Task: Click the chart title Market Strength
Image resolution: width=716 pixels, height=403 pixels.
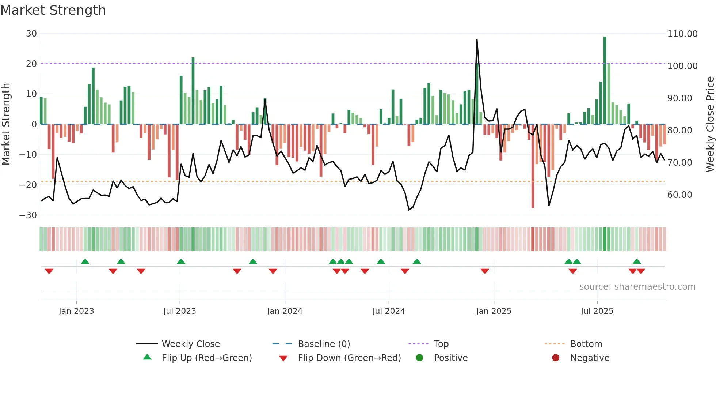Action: coord(53,10)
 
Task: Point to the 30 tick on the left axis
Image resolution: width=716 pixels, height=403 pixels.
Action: coord(31,34)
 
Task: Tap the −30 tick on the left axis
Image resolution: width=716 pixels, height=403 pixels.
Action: coord(28,215)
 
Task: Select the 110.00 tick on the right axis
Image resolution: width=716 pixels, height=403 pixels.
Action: coord(682,34)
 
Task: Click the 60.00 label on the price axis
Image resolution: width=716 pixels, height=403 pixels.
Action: coord(679,195)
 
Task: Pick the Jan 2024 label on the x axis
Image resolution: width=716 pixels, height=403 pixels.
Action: coord(285,311)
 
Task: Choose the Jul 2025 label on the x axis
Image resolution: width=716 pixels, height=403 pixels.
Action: coord(597,311)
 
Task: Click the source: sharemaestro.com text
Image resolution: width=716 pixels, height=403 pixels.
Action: coord(637,287)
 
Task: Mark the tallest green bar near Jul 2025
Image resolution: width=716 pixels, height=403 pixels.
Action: coord(605,80)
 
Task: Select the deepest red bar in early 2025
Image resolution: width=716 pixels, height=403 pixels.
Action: coord(533,166)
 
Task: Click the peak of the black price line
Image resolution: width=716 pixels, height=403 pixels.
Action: coord(477,39)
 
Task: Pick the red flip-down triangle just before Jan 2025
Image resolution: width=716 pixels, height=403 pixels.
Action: coord(485,271)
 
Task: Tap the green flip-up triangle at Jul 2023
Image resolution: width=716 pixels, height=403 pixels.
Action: coord(181,261)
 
